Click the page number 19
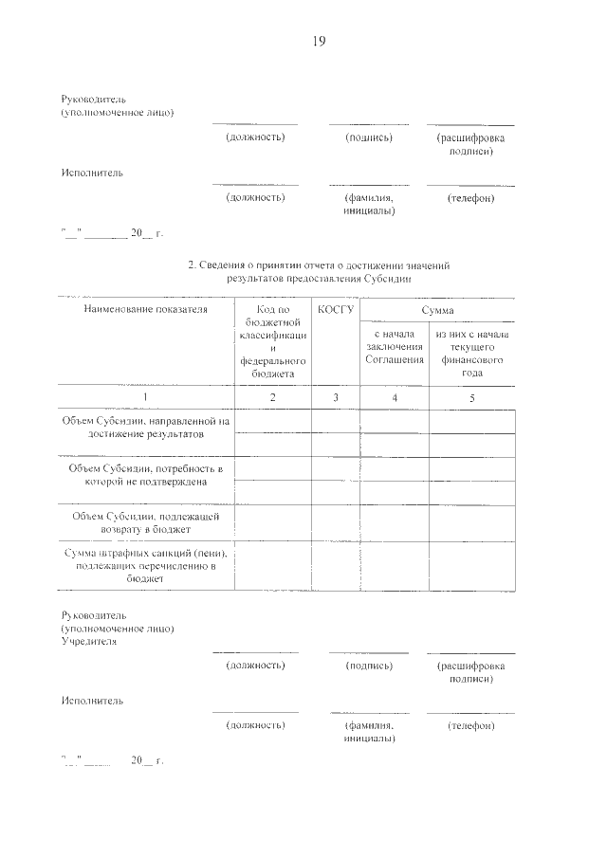pyautogui.click(x=318, y=41)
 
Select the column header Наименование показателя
pyautogui.click(x=145, y=310)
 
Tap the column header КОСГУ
pyautogui.click(x=336, y=310)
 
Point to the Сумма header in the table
pyautogui.click(x=437, y=310)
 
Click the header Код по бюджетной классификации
pyautogui.click(x=273, y=341)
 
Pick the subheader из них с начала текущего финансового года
pyautogui.click(x=472, y=354)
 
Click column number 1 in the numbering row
pyautogui.click(x=145, y=397)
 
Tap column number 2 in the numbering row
pyautogui.click(x=273, y=397)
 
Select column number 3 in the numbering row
pyautogui.click(x=336, y=397)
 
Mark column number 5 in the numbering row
pyautogui.click(x=472, y=397)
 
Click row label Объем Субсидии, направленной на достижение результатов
pyautogui.click(x=145, y=427)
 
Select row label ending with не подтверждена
pyautogui.click(x=145, y=475)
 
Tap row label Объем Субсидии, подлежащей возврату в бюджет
pyautogui.click(x=145, y=522)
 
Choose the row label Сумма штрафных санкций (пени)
pyautogui.click(x=145, y=564)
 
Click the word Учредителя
pyautogui.click(x=89, y=641)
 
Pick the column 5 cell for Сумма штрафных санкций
pyautogui.click(x=472, y=566)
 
